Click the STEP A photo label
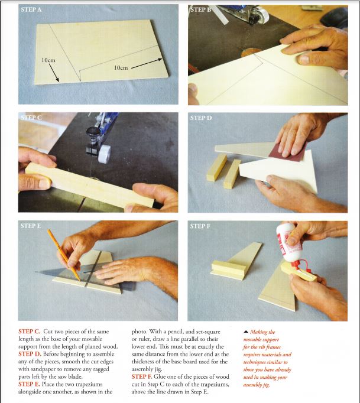coord(31,10)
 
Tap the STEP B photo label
coord(200,10)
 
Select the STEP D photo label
coord(201,118)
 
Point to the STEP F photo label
coord(200,226)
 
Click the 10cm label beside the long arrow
coord(121,67)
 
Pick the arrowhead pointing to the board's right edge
coord(160,60)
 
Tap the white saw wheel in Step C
coord(105,154)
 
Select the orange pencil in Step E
coord(63,255)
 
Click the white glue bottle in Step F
coord(288,243)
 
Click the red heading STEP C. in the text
coord(30,331)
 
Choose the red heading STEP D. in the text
coord(30,354)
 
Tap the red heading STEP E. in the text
coord(29,384)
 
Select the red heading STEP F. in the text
coord(142,376)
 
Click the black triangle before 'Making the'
coord(246,331)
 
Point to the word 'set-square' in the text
coord(207,332)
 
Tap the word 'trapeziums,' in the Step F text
coord(215,385)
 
